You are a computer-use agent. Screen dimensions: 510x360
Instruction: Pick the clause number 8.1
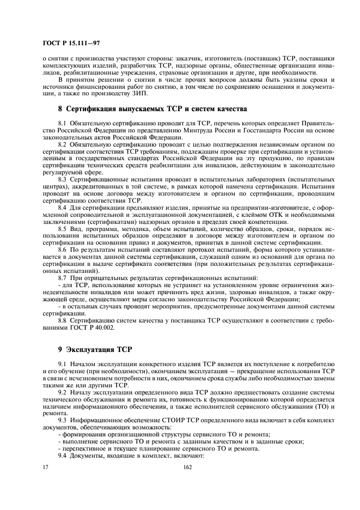point(62,123)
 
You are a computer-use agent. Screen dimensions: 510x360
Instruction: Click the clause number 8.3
point(62,178)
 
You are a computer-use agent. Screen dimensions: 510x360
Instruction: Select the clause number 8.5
point(62,229)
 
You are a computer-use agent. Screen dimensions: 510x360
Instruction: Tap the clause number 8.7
point(62,278)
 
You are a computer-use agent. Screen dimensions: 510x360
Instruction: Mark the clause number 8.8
point(62,321)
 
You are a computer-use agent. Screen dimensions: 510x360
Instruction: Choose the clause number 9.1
point(62,363)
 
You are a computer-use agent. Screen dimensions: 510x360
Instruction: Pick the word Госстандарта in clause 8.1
point(261,130)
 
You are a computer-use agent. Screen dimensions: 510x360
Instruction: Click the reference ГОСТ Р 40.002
point(87,329)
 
